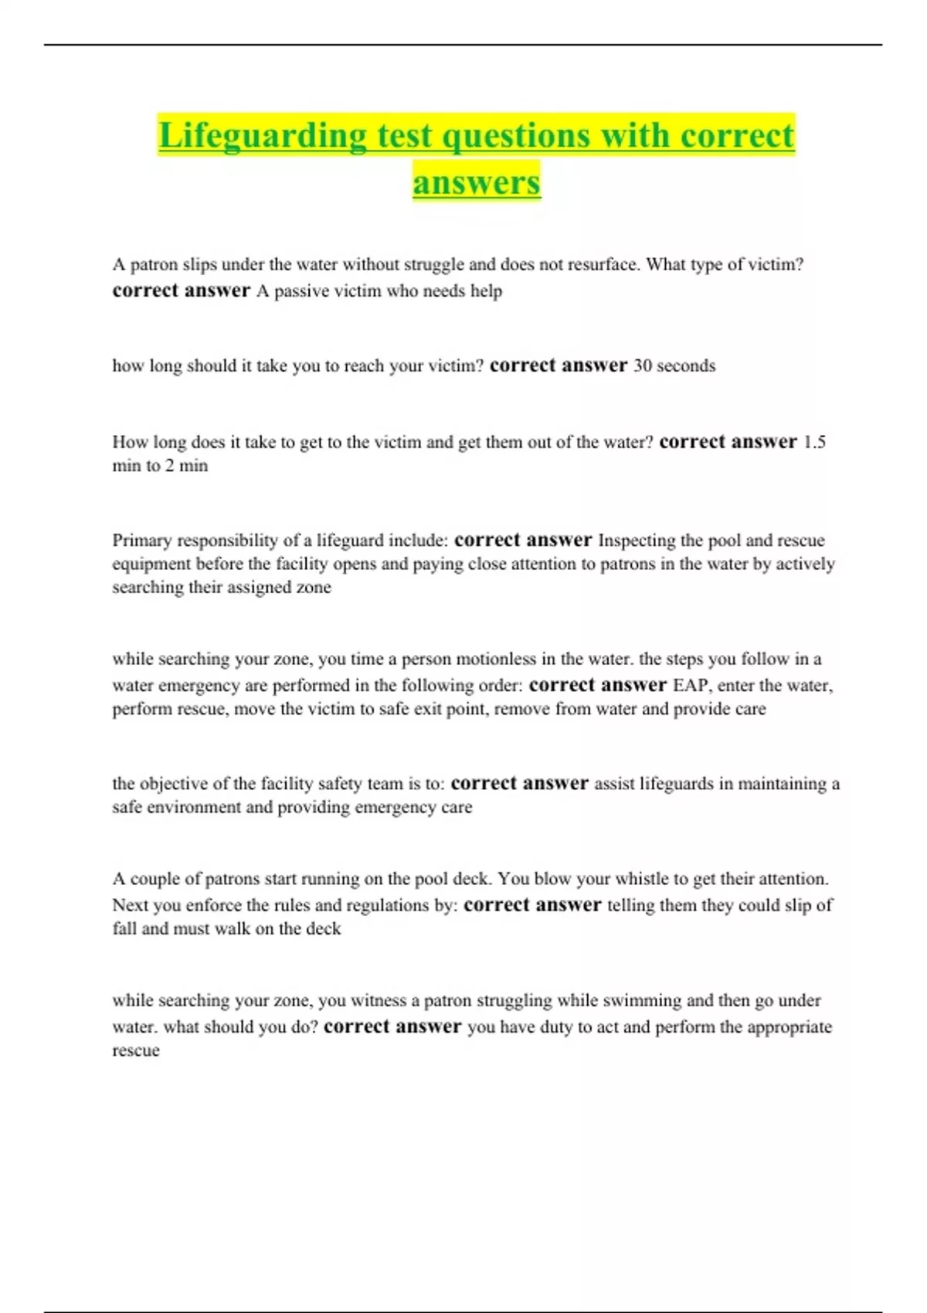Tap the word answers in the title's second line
pos(477,183)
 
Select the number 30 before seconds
pos(643,365)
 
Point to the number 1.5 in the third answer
pos(814,442)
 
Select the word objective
pos(172,783)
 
